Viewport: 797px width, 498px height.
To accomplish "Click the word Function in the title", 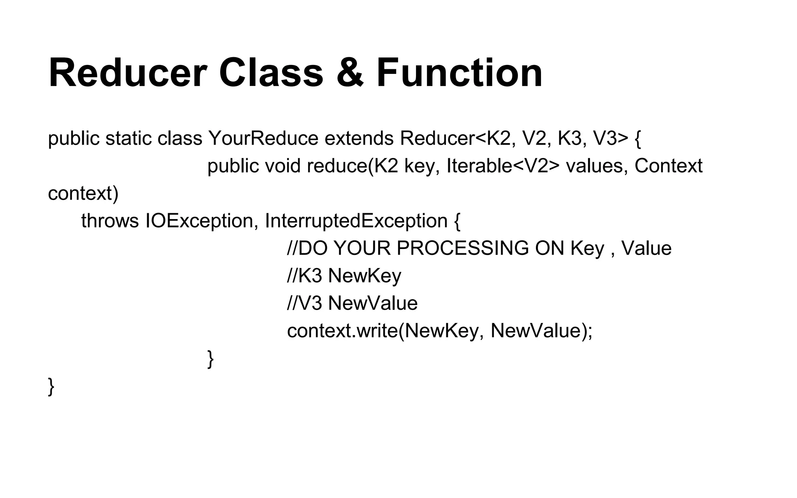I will point(459,74).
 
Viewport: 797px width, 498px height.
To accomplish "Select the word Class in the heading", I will point(271,74).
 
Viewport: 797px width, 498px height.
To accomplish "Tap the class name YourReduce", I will point(263,139).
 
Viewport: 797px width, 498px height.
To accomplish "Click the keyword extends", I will point(359,139).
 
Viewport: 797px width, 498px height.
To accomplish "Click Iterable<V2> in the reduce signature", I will point(503,166).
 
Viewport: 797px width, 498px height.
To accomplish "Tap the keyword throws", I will point(110,221).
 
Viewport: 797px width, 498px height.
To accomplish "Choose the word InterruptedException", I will point(356,221).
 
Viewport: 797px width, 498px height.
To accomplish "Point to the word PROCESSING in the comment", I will point(463,249).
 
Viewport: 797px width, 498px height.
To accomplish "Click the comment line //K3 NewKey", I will point(344,276).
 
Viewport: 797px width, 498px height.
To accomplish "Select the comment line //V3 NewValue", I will point(352,303).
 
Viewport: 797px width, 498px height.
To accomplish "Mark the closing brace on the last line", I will point(51,386).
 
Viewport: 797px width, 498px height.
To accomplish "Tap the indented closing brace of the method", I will point(211,359).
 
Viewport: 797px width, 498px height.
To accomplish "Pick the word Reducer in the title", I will point(128,74).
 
